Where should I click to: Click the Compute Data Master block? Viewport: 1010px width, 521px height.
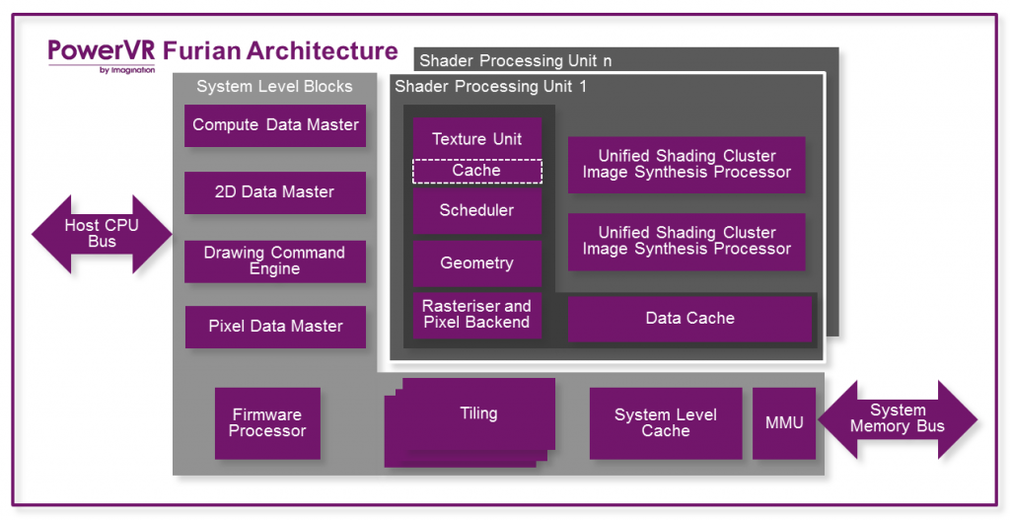pos(275,125)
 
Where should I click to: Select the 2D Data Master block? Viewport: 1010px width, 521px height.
pos(275,192)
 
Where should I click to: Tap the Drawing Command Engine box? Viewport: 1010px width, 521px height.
pos(275,260)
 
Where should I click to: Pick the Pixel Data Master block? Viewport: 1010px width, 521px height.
pos(275,327)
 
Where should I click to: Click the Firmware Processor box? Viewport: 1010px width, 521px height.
pos(267,423)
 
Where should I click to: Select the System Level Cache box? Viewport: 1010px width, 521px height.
pos(666,423)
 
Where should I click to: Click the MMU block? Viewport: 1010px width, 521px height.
pos(784,423)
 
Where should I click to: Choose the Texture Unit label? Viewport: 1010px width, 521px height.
pos(477,139)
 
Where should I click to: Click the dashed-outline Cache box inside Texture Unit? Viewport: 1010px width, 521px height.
pos(477,171)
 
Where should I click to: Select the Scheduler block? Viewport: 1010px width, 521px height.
pos(477,211)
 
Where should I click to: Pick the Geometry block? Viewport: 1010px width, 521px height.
pos(477,263)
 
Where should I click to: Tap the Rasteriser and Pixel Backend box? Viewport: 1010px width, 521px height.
pos(477,315)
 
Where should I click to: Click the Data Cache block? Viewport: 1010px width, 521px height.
pos(689,319)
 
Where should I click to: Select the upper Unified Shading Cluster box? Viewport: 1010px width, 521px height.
pos(686,165)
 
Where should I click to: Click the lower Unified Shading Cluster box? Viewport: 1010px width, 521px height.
pos(686,242)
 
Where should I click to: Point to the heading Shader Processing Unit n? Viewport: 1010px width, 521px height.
pos(516,61)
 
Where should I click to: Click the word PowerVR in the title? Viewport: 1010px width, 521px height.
pos(102,50)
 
